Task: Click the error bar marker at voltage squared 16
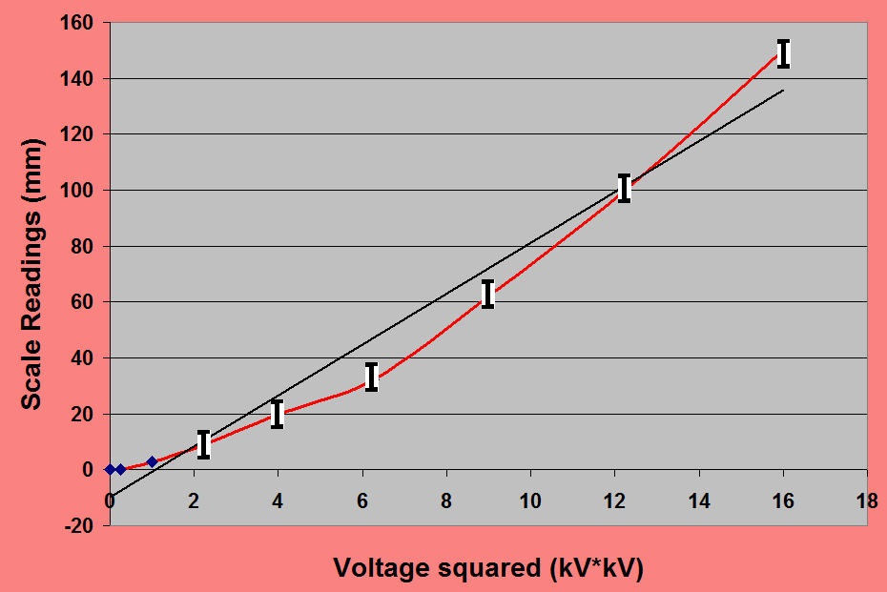tap(783, 53)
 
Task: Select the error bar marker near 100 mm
tap(625, 188)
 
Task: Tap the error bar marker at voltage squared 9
tap(487, 294)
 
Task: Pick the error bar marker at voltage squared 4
tap(278, 414)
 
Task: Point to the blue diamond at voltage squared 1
tap(152, 461)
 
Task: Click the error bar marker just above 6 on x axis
tap(372, 377)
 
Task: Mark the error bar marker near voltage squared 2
tap(203, 444)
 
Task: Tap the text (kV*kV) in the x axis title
tap(595, 569)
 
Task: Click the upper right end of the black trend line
tap(783, 91)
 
